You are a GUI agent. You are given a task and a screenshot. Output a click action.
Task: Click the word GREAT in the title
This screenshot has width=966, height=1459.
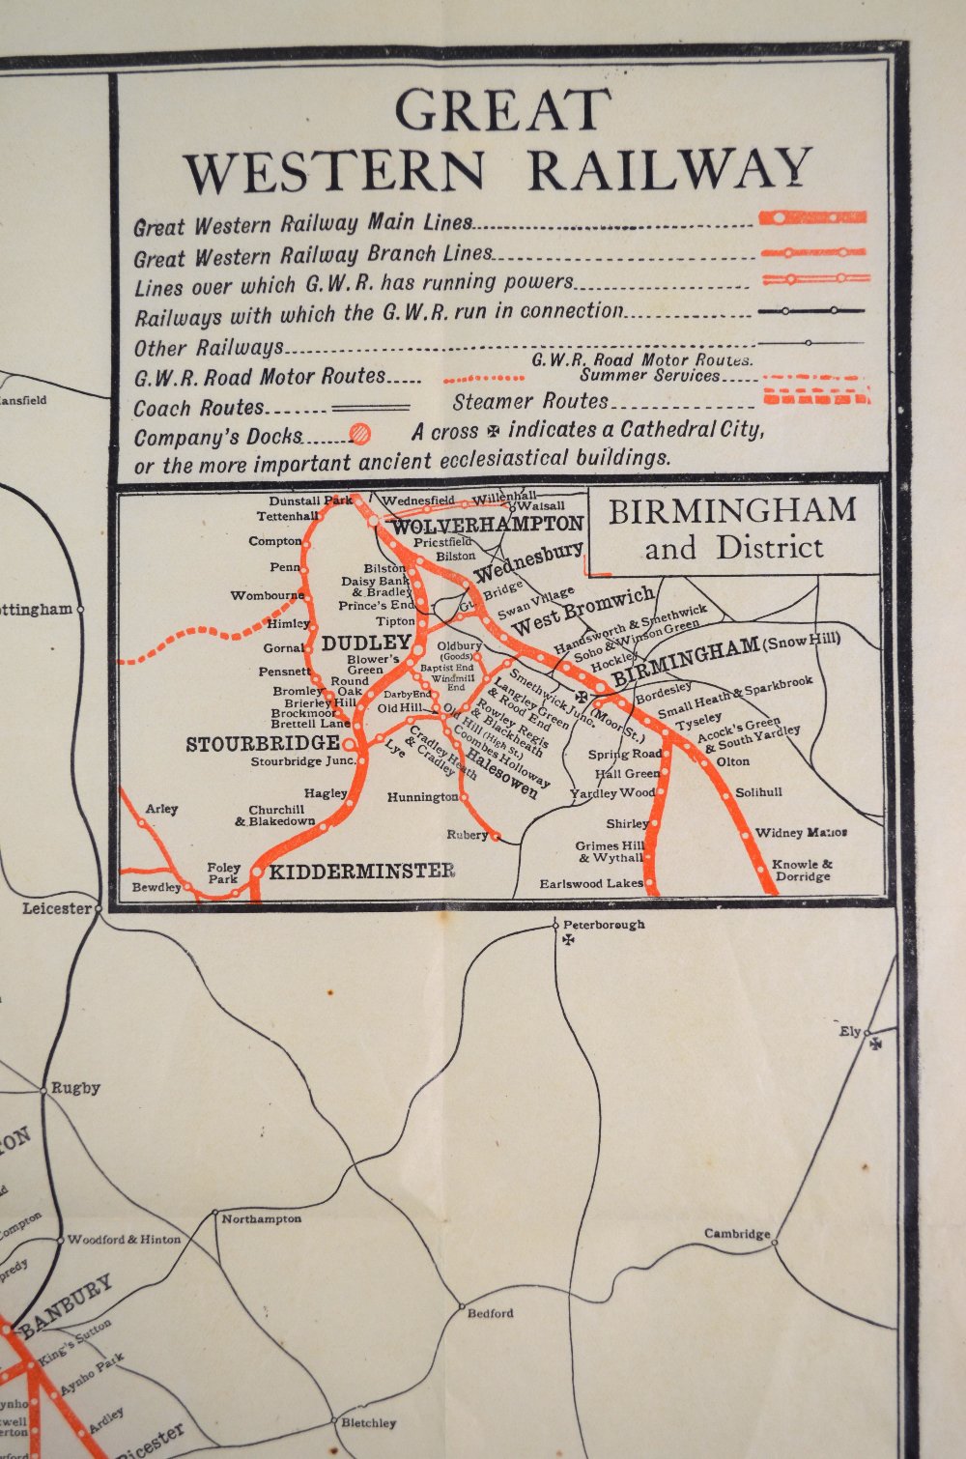502,110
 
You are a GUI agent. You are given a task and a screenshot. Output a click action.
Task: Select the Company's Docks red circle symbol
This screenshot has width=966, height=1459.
359,434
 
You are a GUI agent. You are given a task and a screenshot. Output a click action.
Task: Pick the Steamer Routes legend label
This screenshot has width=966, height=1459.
530,401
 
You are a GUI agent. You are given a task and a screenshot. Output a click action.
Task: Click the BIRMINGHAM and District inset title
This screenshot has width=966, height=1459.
732,529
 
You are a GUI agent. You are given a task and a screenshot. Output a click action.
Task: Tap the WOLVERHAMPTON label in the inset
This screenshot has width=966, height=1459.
488,525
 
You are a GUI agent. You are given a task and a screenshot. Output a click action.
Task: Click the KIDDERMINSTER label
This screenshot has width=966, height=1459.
361,872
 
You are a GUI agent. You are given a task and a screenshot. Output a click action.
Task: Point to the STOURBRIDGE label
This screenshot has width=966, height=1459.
262,744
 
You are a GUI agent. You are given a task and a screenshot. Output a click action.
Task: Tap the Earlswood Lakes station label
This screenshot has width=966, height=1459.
590,884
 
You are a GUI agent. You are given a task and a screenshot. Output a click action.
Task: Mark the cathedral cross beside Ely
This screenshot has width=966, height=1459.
876,1044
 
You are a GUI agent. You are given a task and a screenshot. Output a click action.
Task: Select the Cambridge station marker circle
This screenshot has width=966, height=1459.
774,1242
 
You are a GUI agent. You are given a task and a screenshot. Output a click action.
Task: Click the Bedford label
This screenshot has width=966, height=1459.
490,1313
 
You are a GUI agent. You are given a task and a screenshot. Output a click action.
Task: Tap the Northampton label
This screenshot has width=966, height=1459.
261,1219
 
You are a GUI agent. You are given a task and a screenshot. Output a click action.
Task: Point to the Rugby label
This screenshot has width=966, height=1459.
75,1088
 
